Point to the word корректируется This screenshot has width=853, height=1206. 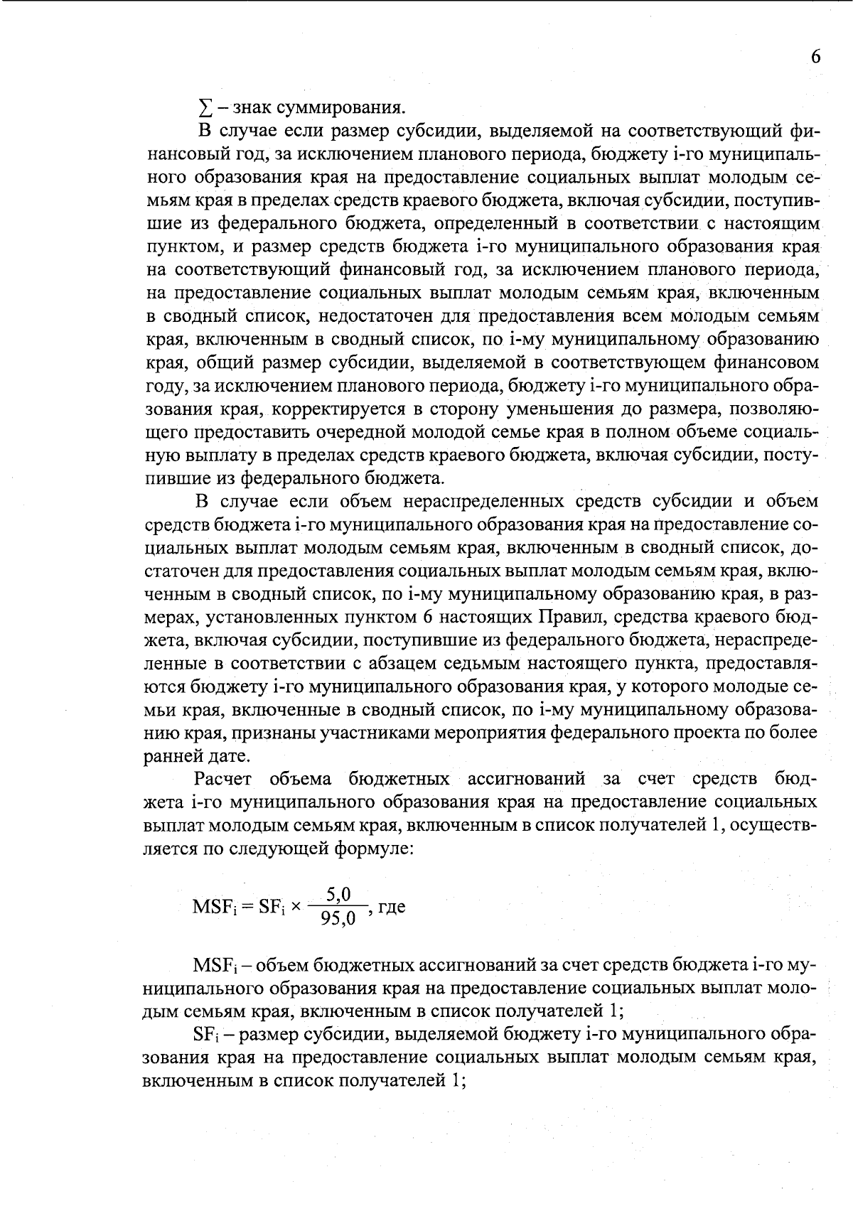coord(332,409)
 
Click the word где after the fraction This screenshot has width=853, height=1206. coord(392,908)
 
